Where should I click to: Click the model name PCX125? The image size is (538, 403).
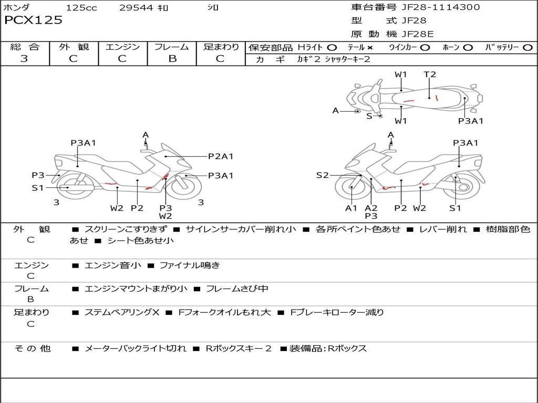click(x=33, y=20)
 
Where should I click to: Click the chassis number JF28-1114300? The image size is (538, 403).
click(x=433, y=7)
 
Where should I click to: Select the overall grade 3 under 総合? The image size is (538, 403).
click(x=24, y=59)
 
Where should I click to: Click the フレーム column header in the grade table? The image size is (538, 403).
click(x=172, y=47)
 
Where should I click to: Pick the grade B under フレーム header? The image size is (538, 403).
click(x=172, y=59)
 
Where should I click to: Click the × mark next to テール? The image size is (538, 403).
click(x=370, y=47)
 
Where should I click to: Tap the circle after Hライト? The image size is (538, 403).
click(x=332, y=47)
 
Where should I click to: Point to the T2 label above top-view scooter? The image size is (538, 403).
click(x=430, y=75)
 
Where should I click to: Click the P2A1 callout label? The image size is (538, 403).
click(x=221, y=156)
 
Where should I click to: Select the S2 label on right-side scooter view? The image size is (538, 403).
click(x=322, y=175)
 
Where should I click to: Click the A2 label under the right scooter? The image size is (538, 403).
click(x=371, y=208)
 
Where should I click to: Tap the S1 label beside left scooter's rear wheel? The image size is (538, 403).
click(x=37, y=187)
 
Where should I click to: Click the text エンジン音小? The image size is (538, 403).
click(x=113, y=266)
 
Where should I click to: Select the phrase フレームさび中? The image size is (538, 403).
click(x=237, y=289)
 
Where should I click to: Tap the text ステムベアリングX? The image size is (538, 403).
click(x=122, y=312)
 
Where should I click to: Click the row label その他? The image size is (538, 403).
click(x=32, y=348)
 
